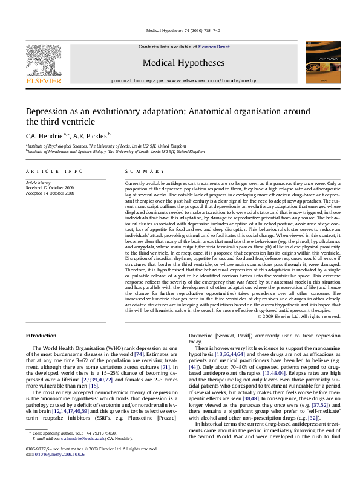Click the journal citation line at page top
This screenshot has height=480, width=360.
click(x=180, y=31)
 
